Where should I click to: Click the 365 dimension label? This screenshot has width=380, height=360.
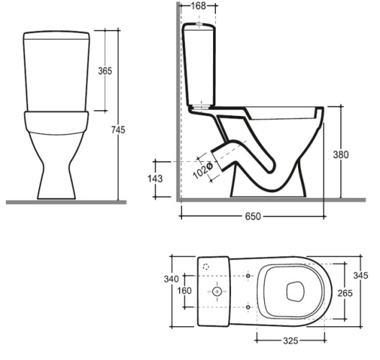tap(105, 71)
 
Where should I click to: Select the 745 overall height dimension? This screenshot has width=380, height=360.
tap(118, 130)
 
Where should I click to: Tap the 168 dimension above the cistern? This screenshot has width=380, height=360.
tap(199, 6)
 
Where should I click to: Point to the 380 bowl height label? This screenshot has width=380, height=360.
tap(340, 155)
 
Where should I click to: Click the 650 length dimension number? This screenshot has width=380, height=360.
tap(253, 216)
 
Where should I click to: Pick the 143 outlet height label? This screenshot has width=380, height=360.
tap(155, 179)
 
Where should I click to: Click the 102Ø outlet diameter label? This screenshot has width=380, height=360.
tap(203, 171)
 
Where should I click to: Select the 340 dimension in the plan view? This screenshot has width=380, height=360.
tap(171, 279)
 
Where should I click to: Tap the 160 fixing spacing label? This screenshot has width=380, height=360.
tap(184, 290)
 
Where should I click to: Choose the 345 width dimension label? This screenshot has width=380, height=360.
tap(361, 275)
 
